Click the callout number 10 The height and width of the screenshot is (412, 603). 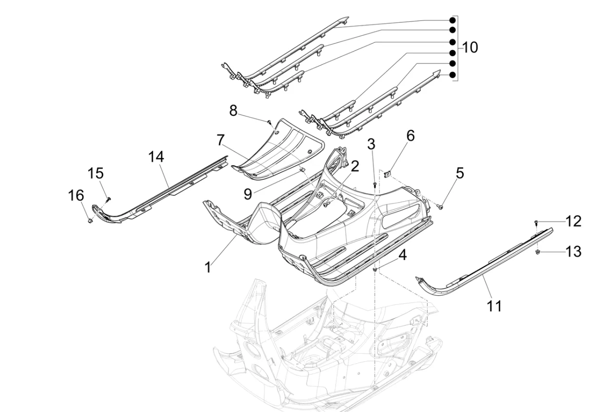[470, 48]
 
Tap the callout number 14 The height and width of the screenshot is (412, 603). [156, 157]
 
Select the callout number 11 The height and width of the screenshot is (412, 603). [494, 306]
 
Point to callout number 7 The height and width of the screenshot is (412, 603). [221, 141]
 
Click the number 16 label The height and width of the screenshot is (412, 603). [75, 196]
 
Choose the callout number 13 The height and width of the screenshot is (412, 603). [573, 252]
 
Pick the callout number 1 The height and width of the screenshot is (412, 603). [208, 267]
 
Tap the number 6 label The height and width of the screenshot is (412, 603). [411, 136]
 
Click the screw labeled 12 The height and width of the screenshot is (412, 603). [535, 223]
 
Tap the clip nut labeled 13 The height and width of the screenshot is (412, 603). [538, 252]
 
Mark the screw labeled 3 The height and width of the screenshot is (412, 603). [374, 185]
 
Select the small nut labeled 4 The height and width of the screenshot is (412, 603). [375, 269]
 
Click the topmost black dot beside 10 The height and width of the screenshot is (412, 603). [452, 20]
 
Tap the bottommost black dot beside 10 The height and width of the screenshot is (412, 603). [452, 75]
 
